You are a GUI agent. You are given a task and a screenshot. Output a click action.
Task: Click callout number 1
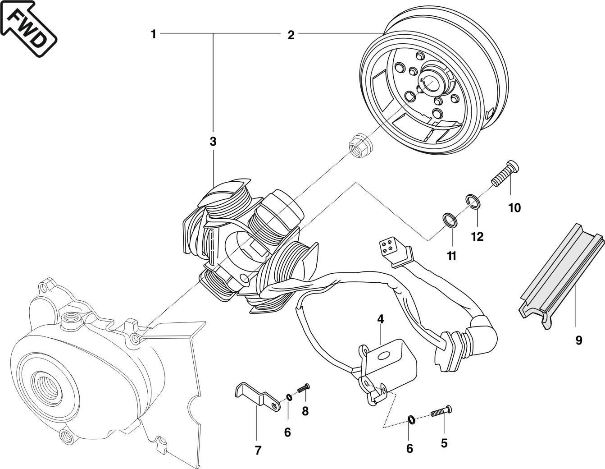pyautogui.click(x=154, y=34)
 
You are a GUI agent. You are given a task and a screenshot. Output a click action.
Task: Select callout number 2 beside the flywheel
pyautogui.click(x=291, y=35)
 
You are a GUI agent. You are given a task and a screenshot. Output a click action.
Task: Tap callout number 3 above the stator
pyautogui.click(x=213, y=142)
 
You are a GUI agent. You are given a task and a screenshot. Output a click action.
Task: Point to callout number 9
pyautogui.click(x=579, y=340)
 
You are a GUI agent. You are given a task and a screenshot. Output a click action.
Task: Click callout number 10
pyautogui.click(x=514, y=208)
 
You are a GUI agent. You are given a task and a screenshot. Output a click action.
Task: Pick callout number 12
pyautogui.click(x=477, y=236)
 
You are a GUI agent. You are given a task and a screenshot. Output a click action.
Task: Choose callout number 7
pyautogui.click(x=258, y=450)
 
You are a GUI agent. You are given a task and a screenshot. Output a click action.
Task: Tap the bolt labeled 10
pyautogui.click(x=506, y=175)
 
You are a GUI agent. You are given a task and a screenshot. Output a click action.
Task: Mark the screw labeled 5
pyautogui.click(x=441, y=412)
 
